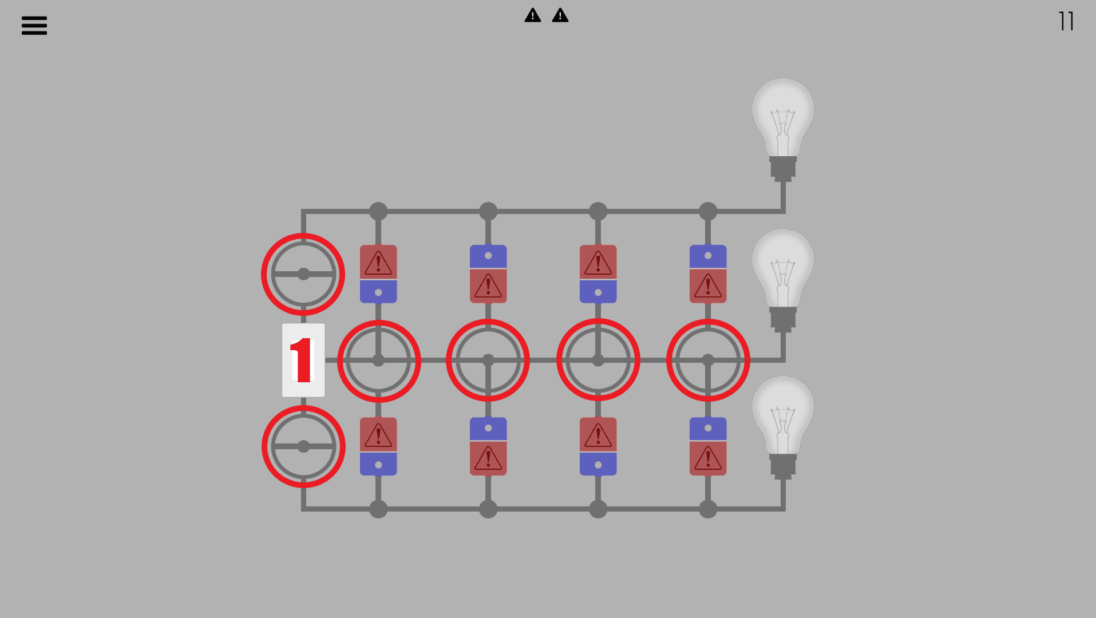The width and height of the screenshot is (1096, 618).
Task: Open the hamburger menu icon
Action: point(34,25)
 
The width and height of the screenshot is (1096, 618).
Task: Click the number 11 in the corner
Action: point(1066,22)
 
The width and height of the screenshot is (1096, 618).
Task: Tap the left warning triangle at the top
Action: point(533,15)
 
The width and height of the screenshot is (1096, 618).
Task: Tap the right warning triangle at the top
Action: point(560,15)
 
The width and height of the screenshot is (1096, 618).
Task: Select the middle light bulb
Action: point(782,278)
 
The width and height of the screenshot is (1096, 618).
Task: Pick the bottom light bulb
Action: point(782,425)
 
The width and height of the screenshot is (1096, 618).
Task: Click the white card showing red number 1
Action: point(303,360)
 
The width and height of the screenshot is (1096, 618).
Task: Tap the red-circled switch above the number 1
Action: point(303,274)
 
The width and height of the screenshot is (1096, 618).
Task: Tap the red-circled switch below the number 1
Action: point(303,446)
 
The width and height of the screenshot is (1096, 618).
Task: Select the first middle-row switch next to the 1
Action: point(378,360)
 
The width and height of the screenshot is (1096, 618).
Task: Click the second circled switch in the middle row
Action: point(488,360)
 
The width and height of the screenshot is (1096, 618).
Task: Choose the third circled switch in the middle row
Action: point(598,360)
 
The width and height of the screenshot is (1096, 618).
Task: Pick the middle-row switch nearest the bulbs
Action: point(708,360)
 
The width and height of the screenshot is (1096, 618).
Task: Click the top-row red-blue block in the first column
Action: point(378,274)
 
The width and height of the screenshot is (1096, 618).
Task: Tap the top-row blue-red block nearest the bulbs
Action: point(708,274)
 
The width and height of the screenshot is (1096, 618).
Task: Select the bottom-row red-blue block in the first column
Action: point(378,446)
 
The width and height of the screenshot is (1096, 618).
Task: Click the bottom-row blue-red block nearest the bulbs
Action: point(708,446)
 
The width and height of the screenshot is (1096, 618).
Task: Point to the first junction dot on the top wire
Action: point(378,211)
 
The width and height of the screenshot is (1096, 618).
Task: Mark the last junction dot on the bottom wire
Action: point(708,509)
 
